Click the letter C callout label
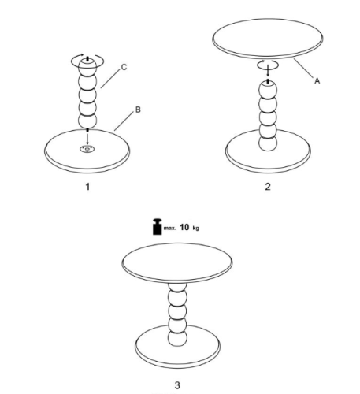(124, 67)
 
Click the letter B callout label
(138, 110)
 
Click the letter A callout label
(317, 81)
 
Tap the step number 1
(87, 187)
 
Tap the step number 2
(268, 187)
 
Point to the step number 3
(177, 385)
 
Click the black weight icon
(158, 226)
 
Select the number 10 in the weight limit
(184, 227)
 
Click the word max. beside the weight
(169, 228)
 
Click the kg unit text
(196, 228)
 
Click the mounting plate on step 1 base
(87, 149)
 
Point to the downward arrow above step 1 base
(87, 138)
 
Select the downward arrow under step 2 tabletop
(268, 70)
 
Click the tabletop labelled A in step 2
(268, 39)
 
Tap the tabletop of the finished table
(177, 263)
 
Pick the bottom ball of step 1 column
(87, 121)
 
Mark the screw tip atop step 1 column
(87, 58)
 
